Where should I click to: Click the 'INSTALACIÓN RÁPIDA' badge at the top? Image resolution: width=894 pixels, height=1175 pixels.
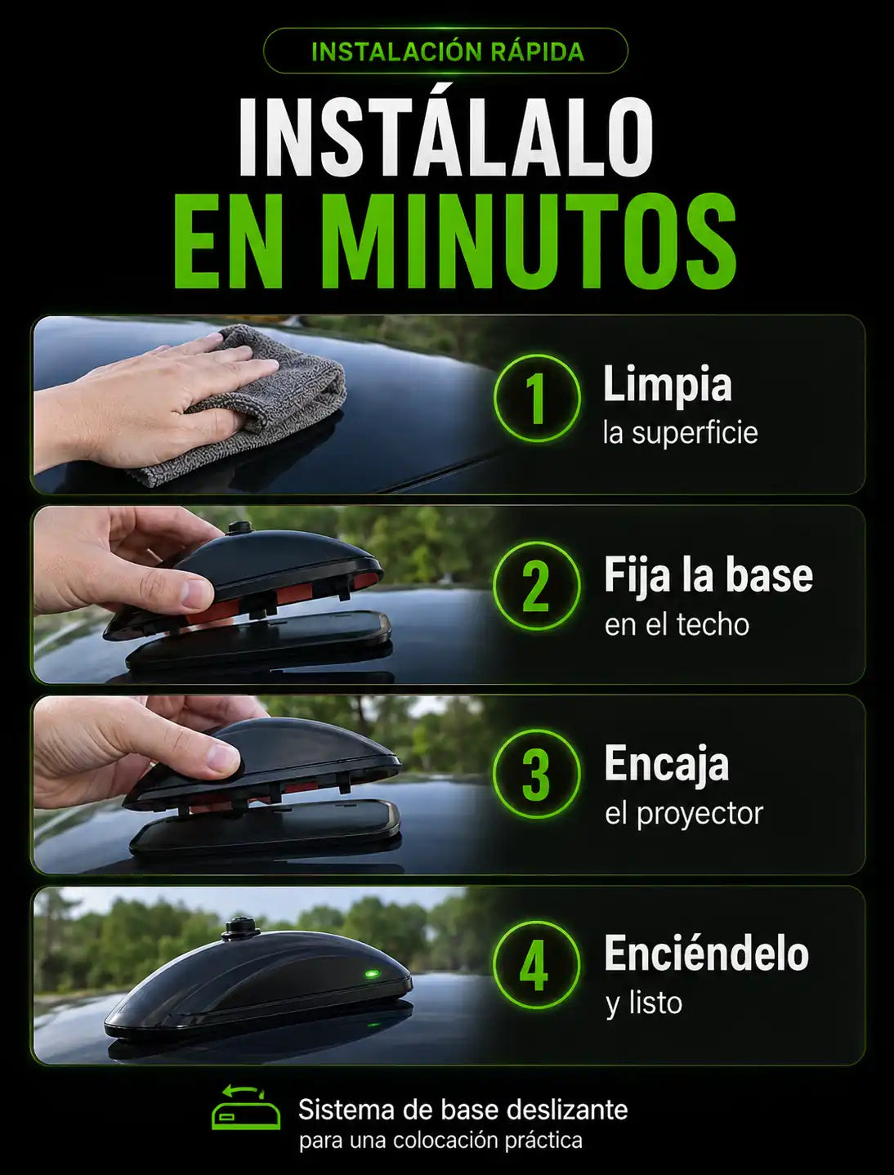pos(445,51)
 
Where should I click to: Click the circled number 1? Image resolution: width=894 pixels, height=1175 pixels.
pos(536,398)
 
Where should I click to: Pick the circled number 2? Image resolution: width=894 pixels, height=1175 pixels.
pos(536,586)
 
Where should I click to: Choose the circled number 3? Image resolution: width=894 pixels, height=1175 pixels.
pos(536,775)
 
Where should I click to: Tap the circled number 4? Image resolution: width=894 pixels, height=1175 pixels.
pos(536,965)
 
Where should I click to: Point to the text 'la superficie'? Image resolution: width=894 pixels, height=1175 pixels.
pos(680,433)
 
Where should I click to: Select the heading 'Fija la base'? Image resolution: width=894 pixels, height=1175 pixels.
pos(708,576)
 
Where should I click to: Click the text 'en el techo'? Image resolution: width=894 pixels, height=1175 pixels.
pos(677,625)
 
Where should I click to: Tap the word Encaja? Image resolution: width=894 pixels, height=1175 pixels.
pos(667,765)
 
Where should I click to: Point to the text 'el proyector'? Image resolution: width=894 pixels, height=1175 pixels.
pos(684,815)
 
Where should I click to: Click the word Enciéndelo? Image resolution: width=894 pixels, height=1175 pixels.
pos(706,954)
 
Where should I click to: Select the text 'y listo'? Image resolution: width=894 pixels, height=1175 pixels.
pos(644,1003)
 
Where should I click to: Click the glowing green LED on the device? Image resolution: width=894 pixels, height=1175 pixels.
pos(372,974)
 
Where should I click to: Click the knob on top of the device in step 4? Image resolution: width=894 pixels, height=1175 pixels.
pos(235,929)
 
